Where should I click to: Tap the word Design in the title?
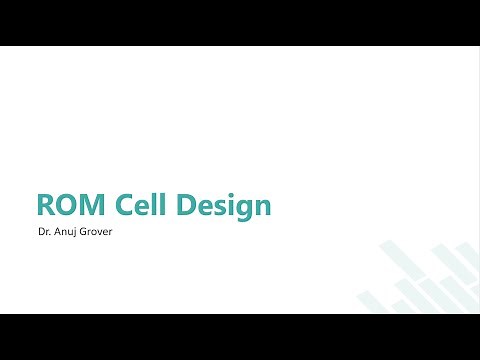[225, 206]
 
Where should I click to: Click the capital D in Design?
[190, 205]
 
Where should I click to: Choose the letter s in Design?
[223, 207]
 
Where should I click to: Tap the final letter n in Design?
[262, 207]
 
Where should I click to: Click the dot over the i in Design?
[232, 194]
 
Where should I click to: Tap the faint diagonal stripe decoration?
[420, 285]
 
